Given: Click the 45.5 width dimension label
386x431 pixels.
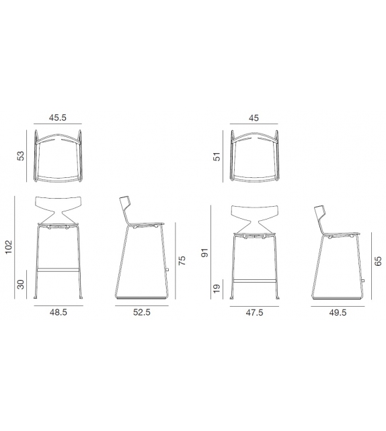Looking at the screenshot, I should click(57, 117).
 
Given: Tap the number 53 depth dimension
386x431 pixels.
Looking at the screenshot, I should click(21, 155).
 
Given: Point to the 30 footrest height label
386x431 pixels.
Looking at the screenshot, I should click(21, 285).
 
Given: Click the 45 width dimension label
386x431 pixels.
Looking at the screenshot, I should click(254, 117).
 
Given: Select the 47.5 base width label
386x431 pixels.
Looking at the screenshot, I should click(254, 313).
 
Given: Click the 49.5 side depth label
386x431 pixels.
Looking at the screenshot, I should click(338, 313).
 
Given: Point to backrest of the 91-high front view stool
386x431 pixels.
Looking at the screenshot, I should click(254, 212).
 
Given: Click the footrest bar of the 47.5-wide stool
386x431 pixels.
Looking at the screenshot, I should click(254, 279).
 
